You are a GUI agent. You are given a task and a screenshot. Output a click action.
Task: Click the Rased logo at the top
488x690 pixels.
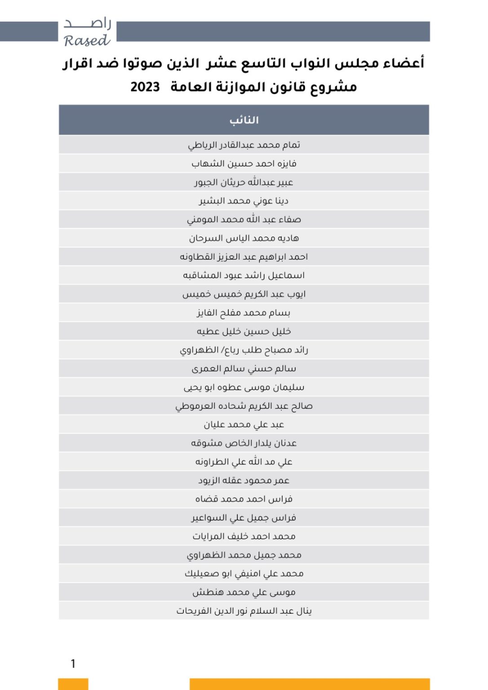pos(87,32)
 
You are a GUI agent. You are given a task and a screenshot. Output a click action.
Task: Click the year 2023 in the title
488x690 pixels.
pos(145,87)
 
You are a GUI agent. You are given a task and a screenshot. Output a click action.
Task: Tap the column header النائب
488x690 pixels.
pos(244,120)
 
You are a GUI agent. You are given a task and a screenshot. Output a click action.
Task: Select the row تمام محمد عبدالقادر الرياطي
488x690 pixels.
pos(244,145)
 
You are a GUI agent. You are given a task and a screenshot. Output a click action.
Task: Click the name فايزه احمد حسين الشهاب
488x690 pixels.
pos(244,164)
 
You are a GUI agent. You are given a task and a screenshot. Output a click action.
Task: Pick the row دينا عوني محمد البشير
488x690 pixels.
pos(244,201)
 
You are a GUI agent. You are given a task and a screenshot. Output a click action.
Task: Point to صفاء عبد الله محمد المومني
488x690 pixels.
pos(244,220)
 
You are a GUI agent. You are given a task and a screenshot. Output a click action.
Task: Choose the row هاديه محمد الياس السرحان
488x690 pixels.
pos(244,238)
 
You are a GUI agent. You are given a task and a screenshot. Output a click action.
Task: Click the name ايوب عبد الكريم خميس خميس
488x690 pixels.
pos(244,294)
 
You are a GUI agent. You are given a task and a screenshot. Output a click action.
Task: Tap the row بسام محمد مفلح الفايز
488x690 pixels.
pos(244,313)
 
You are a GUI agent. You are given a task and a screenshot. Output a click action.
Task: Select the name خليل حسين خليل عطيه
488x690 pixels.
pos(244,332)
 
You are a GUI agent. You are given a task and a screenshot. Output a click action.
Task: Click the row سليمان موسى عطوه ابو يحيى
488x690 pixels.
pos(244,387)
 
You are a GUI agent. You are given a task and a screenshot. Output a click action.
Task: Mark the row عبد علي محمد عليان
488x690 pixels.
pos(244,425)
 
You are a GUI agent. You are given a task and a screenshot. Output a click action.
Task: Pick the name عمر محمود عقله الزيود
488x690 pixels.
pos(244,480)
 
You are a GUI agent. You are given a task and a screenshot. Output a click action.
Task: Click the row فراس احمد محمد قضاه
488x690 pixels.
pos(244,499)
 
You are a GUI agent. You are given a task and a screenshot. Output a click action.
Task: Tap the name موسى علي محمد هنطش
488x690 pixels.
pos(244,592)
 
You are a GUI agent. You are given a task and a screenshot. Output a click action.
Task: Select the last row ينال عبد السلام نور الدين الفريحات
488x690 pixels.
pos(244,611)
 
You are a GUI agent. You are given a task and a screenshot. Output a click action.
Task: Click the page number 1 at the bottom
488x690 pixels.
pos(73,663)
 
